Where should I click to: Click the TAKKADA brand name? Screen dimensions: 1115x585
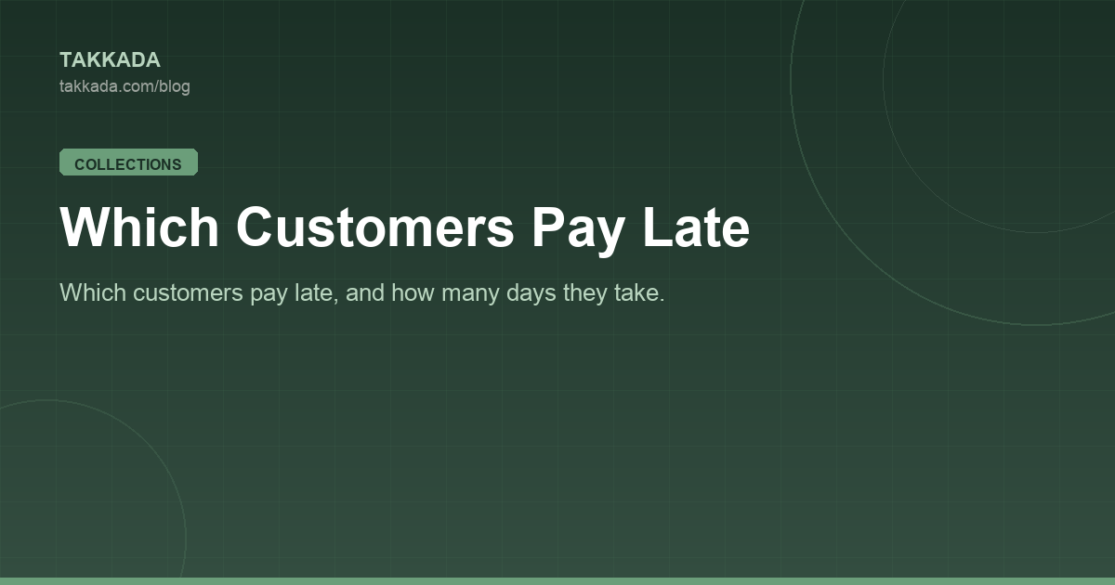tap(110, 60)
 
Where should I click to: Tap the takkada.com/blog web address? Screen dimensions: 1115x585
tap(125, 86)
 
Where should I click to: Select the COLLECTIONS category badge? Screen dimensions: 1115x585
tap(128, 162)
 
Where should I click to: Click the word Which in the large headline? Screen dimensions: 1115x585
tap(139, 227)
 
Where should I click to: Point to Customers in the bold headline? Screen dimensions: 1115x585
tap(374, 227)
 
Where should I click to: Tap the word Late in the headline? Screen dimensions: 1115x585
tap(696, 227)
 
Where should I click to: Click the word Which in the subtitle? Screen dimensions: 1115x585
tap(93, 292)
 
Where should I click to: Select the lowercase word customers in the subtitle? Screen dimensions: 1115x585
tap(188, 293)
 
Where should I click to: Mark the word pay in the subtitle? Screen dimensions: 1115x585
tap(269, 295)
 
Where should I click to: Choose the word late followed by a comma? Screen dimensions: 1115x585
tap(317, 292)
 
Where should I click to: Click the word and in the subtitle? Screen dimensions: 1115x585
tap(365, 292)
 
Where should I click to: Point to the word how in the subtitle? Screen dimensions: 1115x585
tap(413, 292)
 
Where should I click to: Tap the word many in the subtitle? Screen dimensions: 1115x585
tap(470, 294)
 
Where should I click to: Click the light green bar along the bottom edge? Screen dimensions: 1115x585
tap(557, 581)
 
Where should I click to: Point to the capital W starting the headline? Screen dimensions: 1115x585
tap(83, 227)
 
